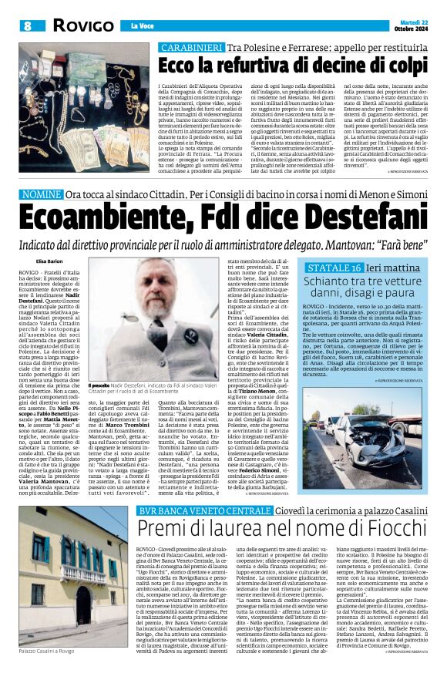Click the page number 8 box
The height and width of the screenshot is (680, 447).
point(28,25)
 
